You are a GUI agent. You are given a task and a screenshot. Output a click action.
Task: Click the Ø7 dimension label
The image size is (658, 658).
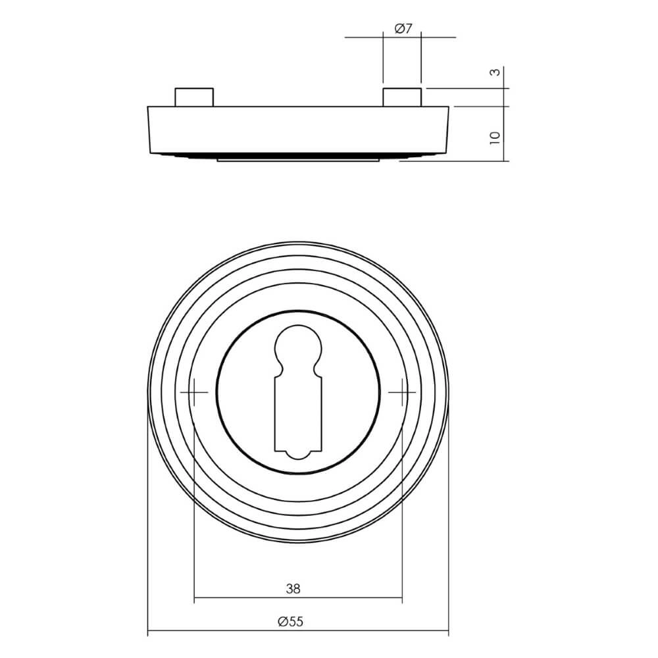403,28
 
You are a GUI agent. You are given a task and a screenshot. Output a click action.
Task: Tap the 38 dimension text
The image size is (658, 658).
293,589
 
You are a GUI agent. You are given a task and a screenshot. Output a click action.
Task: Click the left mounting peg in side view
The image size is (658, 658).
193,97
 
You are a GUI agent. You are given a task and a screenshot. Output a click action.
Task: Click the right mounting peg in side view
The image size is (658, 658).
402,97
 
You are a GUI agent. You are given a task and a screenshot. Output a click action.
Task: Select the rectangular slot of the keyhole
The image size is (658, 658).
297,411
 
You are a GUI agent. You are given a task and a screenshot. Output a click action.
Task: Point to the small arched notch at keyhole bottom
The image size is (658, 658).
297,453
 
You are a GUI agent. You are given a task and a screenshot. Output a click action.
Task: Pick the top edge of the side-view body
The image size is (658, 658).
297,106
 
